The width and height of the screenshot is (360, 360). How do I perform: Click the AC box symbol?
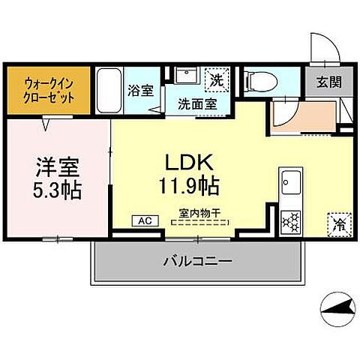[x=144, y=221]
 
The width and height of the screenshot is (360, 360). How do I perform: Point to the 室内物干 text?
[x=199, y=212]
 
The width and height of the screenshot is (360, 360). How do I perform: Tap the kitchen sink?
[x=290, y=183]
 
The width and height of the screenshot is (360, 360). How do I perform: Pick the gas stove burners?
[x=290, y=220]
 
